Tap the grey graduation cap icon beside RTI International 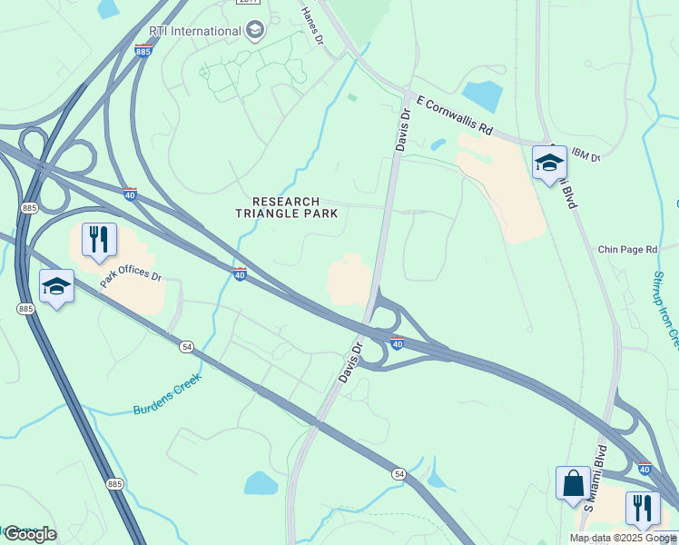pyautogui.click(x=255, y=31)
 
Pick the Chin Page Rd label pyautogui.click(x=632, y=249)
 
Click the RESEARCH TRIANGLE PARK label pyautogui.click(x=287, y=207)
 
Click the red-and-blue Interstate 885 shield pyautogui.click(x=143, y=52)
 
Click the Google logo pyautogui.click(x=30, y=534)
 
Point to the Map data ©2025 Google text pyautogui.click(x=623, y=538)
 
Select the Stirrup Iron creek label pyautogui.click(x=665, y=309)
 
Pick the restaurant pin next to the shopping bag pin pyautogui.click(x=643, y=509)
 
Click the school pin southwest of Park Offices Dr pyautogui.click(x=56, y=287)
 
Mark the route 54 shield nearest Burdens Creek pyautogui.click(x=187, y=346)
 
